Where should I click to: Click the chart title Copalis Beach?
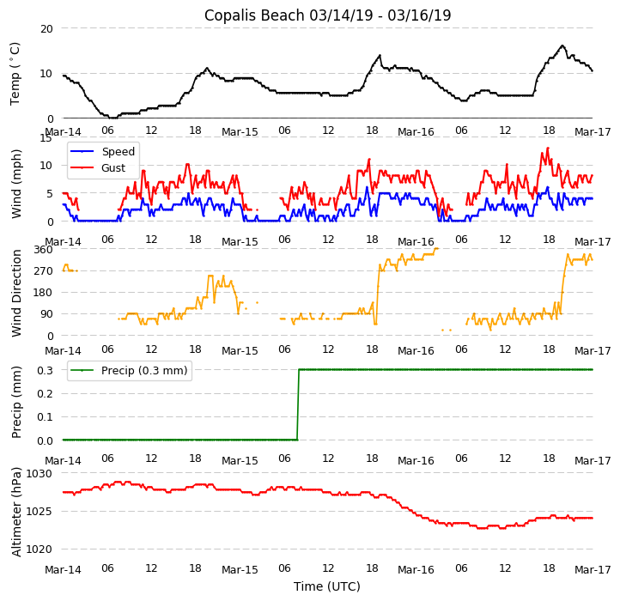click(x=327, y=15)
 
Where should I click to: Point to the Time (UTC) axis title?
click(x=327, y=586)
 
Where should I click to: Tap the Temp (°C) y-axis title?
click(x=15, y=73)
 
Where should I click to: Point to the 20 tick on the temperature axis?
click(x=46, y=28)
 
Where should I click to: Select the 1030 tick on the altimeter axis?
click(x=39, y=473)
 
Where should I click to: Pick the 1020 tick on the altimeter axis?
click(x=39, y=549)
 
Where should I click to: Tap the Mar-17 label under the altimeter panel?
click(x=593, y=570)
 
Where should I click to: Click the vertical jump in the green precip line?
click(x=298, y=404)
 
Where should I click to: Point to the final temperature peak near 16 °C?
click(x=562, y=46)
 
